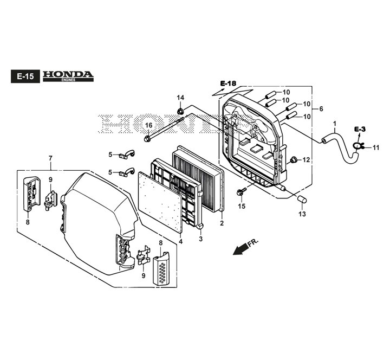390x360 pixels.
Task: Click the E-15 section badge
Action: [25, 76]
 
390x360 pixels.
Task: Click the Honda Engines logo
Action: [68, 76]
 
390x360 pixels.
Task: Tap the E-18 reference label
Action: [228, 83]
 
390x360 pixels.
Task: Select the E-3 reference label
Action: [360, 129]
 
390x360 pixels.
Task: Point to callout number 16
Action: [149, 125]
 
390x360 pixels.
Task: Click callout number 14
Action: [180, 98]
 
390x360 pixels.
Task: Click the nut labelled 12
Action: [294, 159]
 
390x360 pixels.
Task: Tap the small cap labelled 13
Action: [302, 200]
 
